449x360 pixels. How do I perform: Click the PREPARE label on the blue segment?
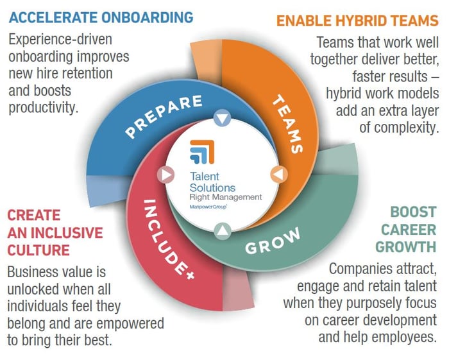click(164, 116)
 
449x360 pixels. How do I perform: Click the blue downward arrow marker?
click(222, 117)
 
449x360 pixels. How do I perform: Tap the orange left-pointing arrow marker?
click(279, 174)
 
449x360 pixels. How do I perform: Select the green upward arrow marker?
click(223, 231)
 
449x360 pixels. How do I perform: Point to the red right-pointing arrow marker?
click(165, 175)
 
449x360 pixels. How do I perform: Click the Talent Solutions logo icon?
click(202, 152)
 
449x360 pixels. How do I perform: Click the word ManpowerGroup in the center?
click(208, 207)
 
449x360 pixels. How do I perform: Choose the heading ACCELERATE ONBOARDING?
click(101, 17)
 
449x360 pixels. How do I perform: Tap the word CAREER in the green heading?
click(409, 229)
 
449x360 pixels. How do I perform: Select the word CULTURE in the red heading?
click(38, 250)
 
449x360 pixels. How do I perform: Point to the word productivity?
click(44, 108)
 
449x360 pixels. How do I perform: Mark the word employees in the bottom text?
click(403, 337)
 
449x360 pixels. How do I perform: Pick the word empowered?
click(131, 323)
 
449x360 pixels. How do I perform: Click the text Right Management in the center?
click(226, 197)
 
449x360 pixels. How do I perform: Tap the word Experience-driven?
click(60, 39)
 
